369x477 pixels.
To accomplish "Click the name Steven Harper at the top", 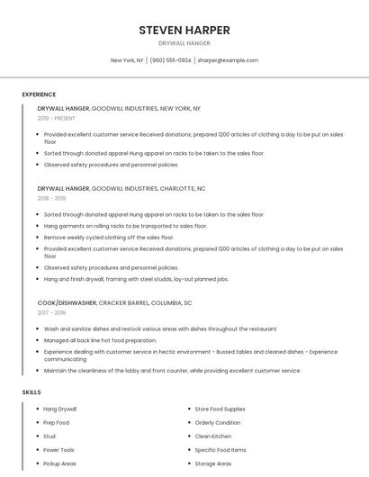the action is (184, 30).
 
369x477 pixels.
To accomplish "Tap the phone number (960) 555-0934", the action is (170, 60).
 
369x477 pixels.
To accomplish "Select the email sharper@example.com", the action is (228, 60).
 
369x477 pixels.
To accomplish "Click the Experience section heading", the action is (39, 94).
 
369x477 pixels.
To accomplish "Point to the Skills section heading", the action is (31, 392).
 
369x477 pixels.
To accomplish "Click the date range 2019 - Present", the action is (56, 118).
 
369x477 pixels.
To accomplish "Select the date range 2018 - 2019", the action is (51, 198).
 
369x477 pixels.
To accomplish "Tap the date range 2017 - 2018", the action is (51, 312).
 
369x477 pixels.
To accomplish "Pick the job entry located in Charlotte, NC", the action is (121, 189).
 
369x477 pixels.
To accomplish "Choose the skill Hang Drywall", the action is (60, 409).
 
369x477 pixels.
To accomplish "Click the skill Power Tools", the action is (59, 450).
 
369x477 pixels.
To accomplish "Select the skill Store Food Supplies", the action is (220, 409).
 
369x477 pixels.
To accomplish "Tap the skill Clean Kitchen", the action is (212, 436).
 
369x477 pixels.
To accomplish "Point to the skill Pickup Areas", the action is (59, 463).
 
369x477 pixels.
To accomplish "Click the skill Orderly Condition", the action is (218, 423).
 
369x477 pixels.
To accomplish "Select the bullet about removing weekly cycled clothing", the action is (109, 238).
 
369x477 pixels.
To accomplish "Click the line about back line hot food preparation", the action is (101, 340).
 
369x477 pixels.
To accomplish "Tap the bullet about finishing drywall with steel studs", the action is (136, 279).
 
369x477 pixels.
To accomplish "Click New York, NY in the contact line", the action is (127, 60).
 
